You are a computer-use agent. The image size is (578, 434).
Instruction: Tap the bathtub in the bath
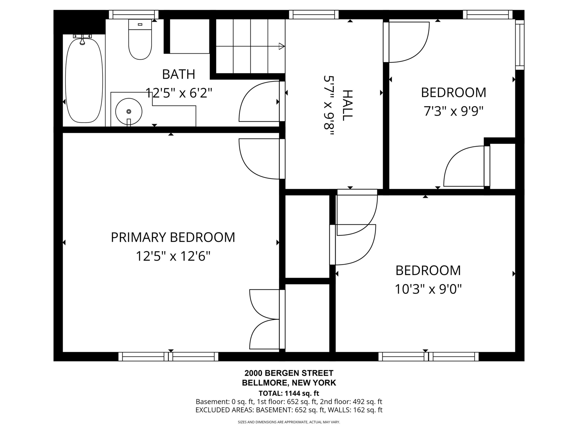click(x=84, y=80)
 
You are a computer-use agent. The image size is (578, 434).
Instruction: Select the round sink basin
click(x=129, y=112)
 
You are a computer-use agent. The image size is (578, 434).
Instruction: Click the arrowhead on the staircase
click(x=282, y=46)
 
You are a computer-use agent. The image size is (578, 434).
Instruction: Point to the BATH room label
click(x=179, y=74)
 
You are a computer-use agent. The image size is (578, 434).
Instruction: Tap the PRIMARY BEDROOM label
click(x=173, y=237)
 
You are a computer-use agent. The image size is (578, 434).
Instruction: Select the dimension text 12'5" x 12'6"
click(x=173, y=256)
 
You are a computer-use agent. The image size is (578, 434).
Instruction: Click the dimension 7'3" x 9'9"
click(x=453, y=112)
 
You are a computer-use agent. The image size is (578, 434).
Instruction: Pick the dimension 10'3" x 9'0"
click(x=428, y=289)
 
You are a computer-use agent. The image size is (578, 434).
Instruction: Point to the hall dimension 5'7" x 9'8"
click(x=329, y=106)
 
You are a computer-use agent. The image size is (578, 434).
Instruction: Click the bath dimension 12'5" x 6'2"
click(x=179, y=93)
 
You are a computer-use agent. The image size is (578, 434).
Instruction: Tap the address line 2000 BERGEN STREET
click(x=289, y=373)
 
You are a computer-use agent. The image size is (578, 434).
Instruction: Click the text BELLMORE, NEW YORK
click(x=289, y=383)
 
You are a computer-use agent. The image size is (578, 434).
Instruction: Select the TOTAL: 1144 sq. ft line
click(x=289, y=393)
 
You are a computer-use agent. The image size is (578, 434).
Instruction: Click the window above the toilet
click(x=134, y=14)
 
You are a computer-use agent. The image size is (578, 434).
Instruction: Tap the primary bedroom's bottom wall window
click(x=168, y=357)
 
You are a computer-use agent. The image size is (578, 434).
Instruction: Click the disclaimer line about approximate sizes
click(x=289, y=422)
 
